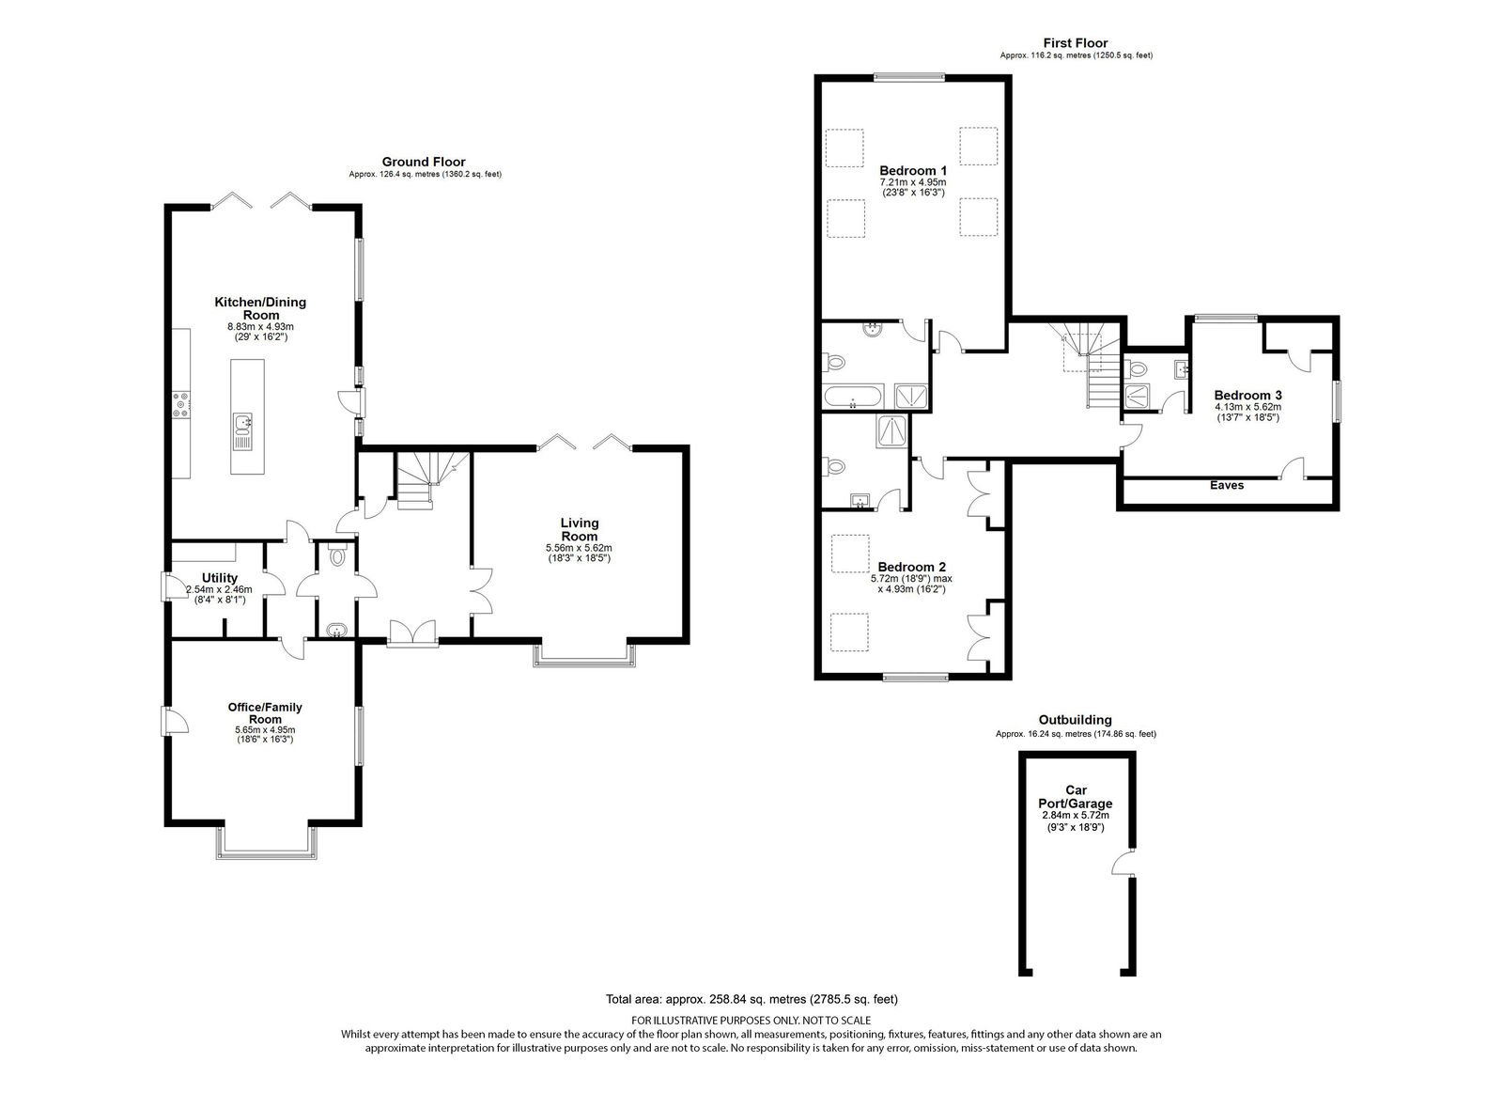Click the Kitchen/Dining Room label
coord(260,308)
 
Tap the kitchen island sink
coord(243,431)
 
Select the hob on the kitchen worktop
coord(181,405)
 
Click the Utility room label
coord(220,578)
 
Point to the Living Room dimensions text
coord(579,554)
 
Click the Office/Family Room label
coord(265,713)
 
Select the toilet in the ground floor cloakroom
coord(337,555)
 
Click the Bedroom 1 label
coord(912,170)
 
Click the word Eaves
coord(1227,485)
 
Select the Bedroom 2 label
coord(911,568)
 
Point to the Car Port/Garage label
coord(1076,797)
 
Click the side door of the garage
coord(1122,863)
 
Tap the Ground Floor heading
coord(424,162)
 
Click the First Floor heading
coord(1076,43)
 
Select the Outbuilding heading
coord(1075,721)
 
